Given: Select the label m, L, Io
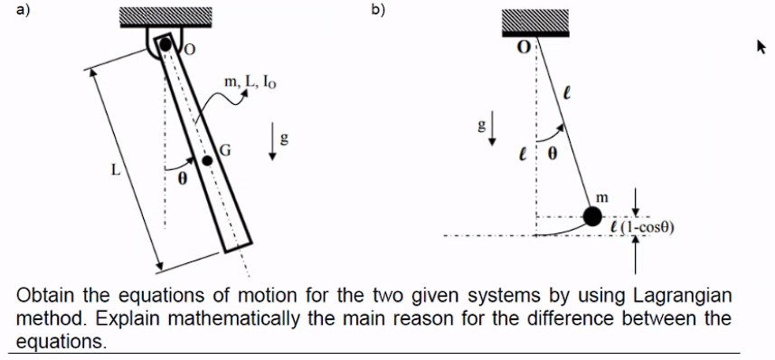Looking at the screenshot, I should click(x=250, y=83).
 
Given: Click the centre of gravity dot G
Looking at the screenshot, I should click(x=208, y=160).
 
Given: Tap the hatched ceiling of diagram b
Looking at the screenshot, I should click(x=534, y=24).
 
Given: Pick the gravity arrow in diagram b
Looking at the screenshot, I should click(x=493, y=131).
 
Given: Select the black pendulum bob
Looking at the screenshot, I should click(x=592, y=216).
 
